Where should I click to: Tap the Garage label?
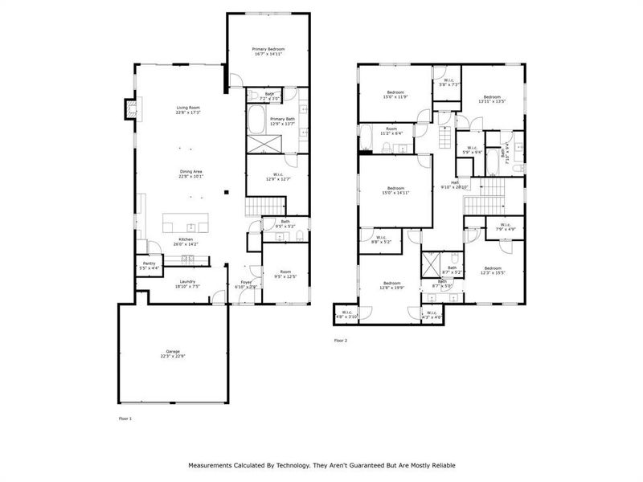pyautogui.click(x=173, y=351)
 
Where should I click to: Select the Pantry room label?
pyautogui.click(x=149, y=263)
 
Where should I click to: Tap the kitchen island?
pyautogui.click(x=187, y=222)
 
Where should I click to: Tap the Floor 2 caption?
pyautogui.click(x=341, y=341)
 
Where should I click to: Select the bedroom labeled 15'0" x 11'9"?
pyautogui.click(x=395, y=92)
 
